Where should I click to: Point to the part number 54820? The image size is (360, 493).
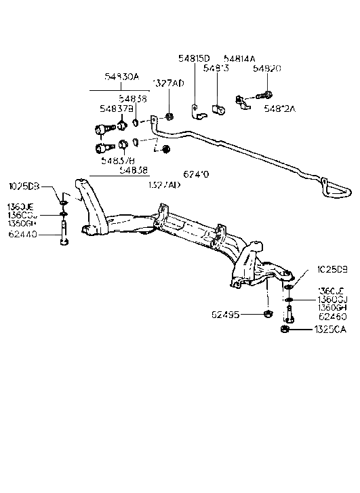pos(266,69)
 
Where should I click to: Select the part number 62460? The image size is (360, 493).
pos(332,316)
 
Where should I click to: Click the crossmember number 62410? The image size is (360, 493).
pos(196,174)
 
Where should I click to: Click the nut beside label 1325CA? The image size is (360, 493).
pos(285,330)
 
